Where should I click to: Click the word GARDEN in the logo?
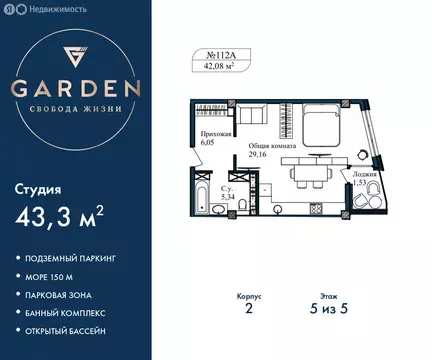pos(77,88)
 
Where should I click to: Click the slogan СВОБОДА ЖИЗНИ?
pos(77,109)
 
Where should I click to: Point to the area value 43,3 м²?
pos(60,218)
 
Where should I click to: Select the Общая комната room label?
pos(271,146)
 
